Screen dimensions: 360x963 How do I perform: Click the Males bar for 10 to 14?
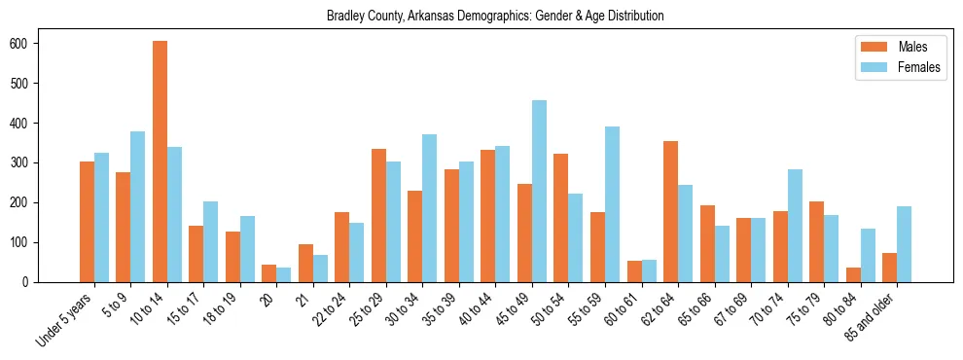click(x=160, y=162)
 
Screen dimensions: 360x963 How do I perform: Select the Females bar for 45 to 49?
click(x=539, y=191)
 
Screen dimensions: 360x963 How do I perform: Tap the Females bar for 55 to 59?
click(x=612, y=204)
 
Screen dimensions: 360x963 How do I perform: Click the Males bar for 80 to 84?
click(x=853, y=274)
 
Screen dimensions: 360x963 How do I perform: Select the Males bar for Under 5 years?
click(x=87, y=222)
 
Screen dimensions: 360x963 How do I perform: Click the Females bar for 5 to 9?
click(x=138, y=206)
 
